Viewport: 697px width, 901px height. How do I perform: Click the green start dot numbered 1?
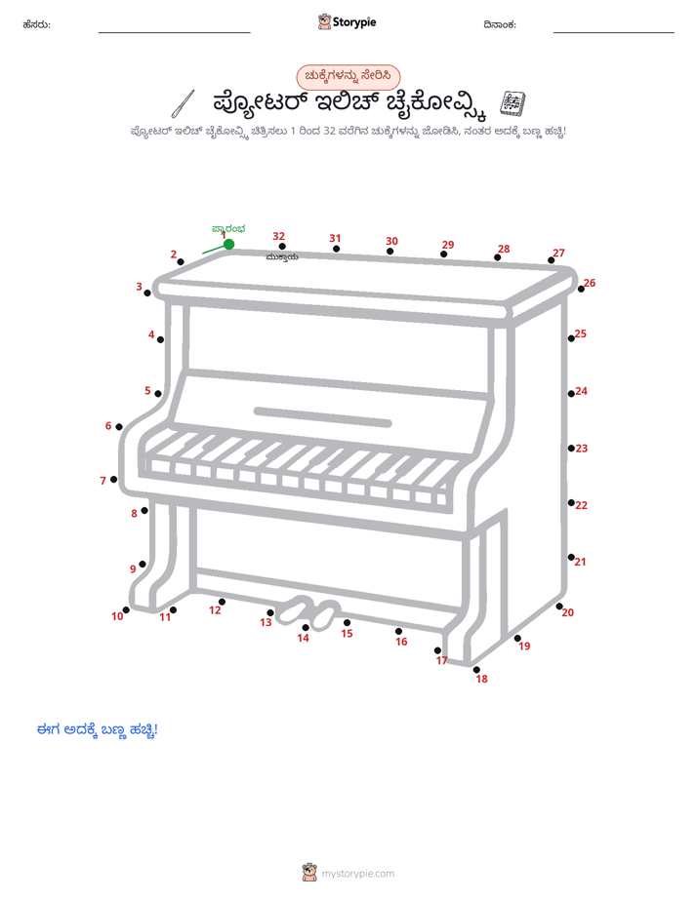coord(228,244)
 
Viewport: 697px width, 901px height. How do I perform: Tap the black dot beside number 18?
coord(476,670)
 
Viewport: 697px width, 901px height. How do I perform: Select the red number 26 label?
coord(590,283)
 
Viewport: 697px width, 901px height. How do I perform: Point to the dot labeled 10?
coord(126,609)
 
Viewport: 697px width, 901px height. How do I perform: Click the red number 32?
coord(279,236)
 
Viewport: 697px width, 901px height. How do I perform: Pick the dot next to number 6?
coord(119,426)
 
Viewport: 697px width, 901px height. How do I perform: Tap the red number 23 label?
coord(582,449)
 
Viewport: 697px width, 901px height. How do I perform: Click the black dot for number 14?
coord(306,628)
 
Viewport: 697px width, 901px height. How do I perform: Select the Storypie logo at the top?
coord(347,21)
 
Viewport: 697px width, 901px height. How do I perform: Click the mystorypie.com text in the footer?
coord(357,874)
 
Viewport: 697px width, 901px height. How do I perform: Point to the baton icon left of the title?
coord(183,104)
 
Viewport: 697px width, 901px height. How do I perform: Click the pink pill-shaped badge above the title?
coord(348,76)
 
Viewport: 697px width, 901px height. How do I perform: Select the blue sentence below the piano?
coord(98,729)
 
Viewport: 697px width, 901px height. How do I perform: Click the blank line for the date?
coord(614,32)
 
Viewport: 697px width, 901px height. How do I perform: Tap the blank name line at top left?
coord(174,32)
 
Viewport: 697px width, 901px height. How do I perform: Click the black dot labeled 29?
coord(443,254)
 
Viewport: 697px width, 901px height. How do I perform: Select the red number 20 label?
coord(567,612)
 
